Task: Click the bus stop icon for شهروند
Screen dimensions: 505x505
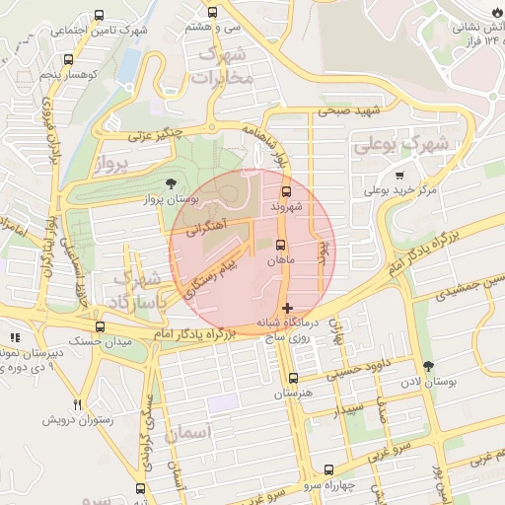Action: pyautogui.click(x=287, y=191)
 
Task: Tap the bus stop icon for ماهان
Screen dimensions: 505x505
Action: pyautogui.click(x=281, y=245)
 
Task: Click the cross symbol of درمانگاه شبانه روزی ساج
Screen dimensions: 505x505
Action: pyautogui.click(x=287, y=309)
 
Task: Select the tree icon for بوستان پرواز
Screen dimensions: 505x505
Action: pyautogui.click(x=173, y=183)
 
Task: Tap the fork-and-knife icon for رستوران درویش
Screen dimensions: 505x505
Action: pyautogui.click(x=77, y=404)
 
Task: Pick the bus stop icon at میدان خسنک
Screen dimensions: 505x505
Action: pyautogui.click(x=99, y=326)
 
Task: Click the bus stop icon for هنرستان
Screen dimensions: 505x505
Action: pyautogui.click(x=292, y=378)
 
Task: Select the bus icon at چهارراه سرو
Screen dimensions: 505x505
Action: pyautogui.click(x=329, y=469)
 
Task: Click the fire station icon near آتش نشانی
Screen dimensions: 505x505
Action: pyautogui.click(x=495, y=10)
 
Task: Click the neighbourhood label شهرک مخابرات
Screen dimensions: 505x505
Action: pyautogui.click(x=225, y=64)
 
